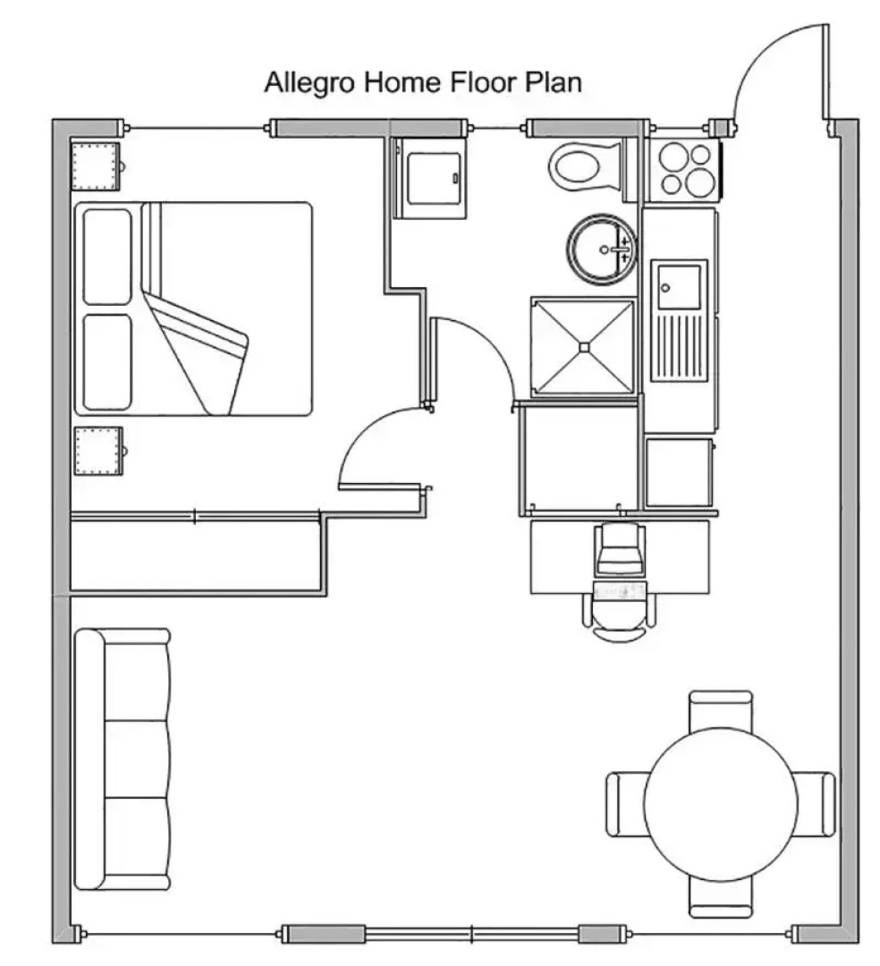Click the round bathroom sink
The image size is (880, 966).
600,247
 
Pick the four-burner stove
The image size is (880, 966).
684,170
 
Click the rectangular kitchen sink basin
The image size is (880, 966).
679,285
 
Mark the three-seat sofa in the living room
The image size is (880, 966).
123,758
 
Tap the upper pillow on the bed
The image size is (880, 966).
107,256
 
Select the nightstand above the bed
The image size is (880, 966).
95,166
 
